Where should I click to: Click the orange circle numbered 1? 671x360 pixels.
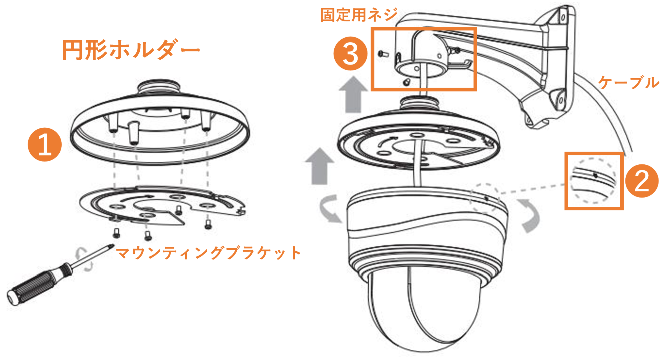(45, 144)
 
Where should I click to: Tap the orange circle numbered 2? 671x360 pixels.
(642, 181)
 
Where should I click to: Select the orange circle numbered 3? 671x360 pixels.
(350, 53)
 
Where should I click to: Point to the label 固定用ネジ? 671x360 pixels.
(359, 15)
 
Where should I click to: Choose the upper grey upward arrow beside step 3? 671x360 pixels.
(353, 94)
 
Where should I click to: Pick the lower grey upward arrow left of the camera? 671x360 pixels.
(320, 166)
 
